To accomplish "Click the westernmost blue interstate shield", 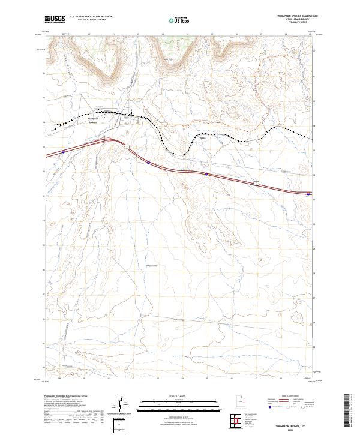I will click(x=64, y=152).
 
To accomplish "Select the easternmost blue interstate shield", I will click(x=308, y=194).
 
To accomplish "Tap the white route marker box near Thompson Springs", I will click(x=127, y=146).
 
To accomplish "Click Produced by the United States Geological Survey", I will click(x=62, y=397).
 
